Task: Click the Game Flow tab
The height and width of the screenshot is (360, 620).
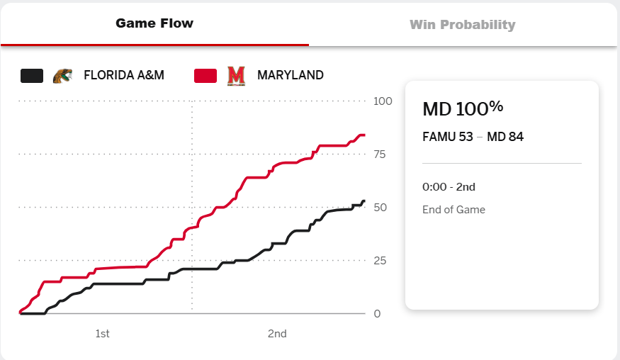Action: (x=154, y=23)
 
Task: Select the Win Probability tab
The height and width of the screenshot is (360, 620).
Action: (x=462, y=25)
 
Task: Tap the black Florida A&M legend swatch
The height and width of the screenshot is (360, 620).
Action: (x=32, y=75)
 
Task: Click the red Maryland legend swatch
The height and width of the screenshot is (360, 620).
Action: (x=205, y=75)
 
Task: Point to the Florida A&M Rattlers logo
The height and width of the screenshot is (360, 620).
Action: (x=62, y=75)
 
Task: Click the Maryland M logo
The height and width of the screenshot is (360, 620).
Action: (x=235, y=75)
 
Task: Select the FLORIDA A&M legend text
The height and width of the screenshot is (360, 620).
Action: (x=124, y=75)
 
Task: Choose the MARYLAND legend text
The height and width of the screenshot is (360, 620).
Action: (x=291, y=75)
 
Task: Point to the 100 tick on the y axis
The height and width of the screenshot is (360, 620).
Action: (x=383, y=101)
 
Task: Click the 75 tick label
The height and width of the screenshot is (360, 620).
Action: (x=380, y=154)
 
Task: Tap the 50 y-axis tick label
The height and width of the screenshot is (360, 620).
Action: (x=380, y=208)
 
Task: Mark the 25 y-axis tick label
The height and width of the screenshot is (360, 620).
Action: (x=380, y=261)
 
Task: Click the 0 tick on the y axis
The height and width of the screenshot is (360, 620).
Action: (x=377, y=314)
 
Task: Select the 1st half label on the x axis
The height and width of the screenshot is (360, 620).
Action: (x=102, y=334)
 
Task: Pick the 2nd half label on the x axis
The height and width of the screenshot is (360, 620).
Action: (x=277, y=334)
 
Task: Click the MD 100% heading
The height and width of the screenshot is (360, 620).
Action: (x=463, y=108)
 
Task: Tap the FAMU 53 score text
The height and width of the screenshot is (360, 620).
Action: (x=447, y=137)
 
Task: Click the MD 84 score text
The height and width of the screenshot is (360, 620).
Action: (x=505, y=137)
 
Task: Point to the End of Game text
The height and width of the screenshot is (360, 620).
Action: (x=453, y=210)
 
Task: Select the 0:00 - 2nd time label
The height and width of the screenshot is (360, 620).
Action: (x=449, y=187)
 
